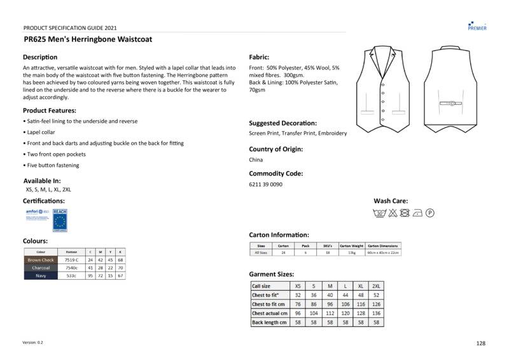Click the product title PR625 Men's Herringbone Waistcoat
click(x=88, y=39)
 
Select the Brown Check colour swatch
click(x=41, y=260)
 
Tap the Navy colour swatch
click(x=41, y=275)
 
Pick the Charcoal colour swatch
click(x=41, y=268)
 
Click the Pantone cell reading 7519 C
click(x=71, y=260)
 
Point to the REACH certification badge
click(x=60, y=219)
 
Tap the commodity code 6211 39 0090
click(x=265, y=184)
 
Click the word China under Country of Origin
click(x=256, y=160)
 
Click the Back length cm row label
click(x=269, y=322)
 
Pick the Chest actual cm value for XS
click(x=297, y=314)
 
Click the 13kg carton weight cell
click(x=351, y=253)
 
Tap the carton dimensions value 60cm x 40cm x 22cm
click(x=382, y=253)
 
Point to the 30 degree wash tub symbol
click(x=380, y=214)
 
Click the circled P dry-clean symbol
click(x=429, y=214)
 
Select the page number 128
click(x=480, y=343)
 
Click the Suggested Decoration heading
click(x=282, y=123)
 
